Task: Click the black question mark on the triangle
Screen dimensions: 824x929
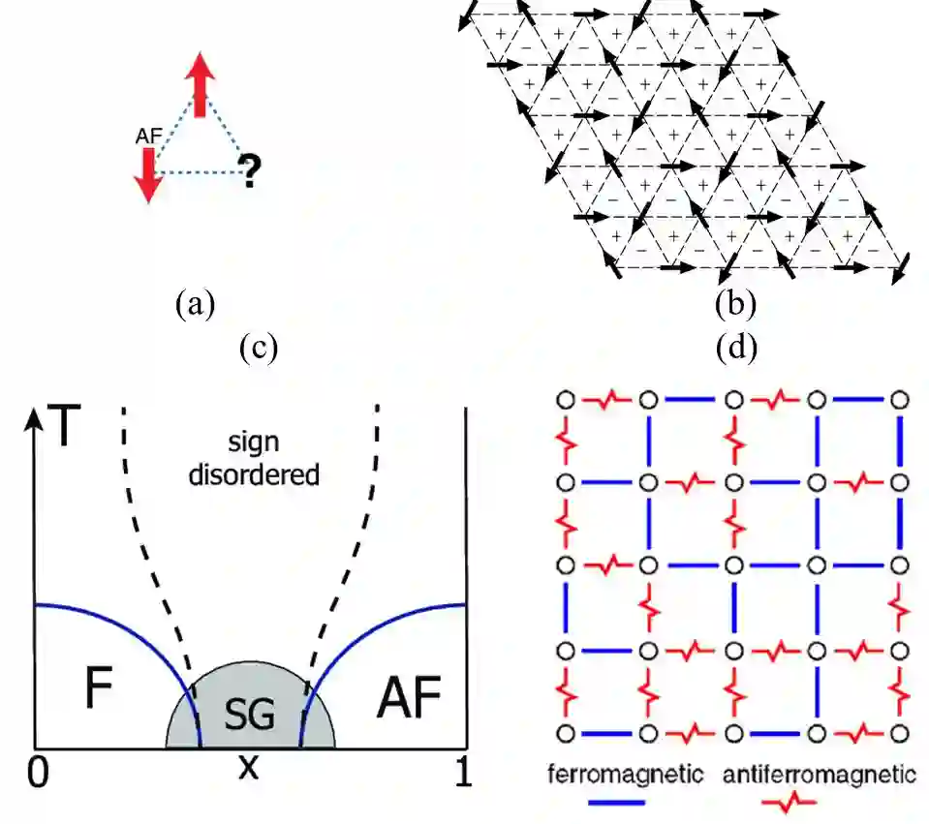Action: click(x=250, y=171)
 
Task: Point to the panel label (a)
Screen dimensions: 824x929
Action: click(x=195, y=305)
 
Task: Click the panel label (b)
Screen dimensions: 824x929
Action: click(x=735, y=305)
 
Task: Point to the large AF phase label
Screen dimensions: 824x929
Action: click(x=407, y=694)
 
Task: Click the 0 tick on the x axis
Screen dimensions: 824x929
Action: click(x=36, y=770)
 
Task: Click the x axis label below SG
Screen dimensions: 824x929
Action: click(x=249, y=768)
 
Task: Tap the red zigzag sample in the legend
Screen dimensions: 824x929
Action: click(x=787, y=802)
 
